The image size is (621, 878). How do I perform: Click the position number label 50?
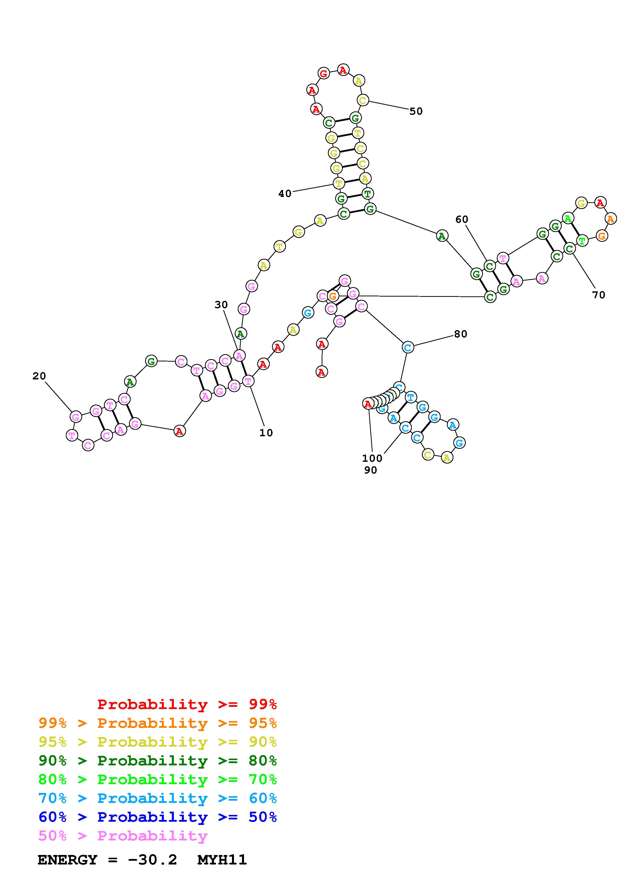(x=416, y=111)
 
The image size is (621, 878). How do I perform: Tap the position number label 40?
(x=285, y=194)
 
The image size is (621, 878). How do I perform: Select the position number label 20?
(x=39, y=376)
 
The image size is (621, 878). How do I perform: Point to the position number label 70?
(x=598, y=295)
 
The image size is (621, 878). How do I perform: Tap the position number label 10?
(x=266, y=433)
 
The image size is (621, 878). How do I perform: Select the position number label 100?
(x=372, y=458)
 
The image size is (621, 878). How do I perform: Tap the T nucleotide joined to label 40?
(x=338, y=183)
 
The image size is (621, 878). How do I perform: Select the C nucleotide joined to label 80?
(x=408, y=347)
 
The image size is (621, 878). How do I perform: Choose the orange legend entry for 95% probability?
(x=157, y=723)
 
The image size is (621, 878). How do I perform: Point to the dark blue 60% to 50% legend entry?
(x=157, y=817)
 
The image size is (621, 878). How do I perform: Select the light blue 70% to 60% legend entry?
(x=157, y=798)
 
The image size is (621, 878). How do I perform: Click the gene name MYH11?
(x=222, y=860)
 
